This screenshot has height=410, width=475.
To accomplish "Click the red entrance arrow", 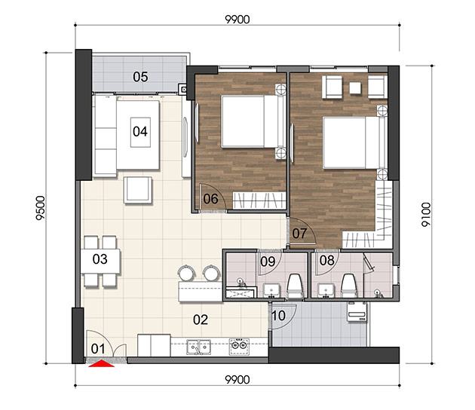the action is (x=102, y=363).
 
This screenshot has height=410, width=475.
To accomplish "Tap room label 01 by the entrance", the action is (x=98, y=349).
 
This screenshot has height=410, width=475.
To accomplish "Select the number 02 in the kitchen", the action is (x=201, y=320).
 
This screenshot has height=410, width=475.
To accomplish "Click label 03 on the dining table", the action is (x=100, y=259).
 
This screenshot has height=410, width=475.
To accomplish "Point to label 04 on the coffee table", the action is (x=140, y=131).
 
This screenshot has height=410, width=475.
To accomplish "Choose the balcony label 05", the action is (x=140, y=77).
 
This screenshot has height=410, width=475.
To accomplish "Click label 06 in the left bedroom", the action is (x=211, y=199).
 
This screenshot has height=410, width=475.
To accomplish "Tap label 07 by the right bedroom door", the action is (x=299, y=234).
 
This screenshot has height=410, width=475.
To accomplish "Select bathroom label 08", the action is (x=327, y=261).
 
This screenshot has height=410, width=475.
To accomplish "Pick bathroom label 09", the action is (x=268, y=262).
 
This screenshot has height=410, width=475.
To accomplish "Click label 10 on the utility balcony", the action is (x=279, y=316).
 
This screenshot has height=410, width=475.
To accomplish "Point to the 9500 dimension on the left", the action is (x=40, y=208).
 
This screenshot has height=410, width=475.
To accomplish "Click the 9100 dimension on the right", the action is (x=426, y=215).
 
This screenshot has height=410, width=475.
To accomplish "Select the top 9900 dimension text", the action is (x=237, y=20).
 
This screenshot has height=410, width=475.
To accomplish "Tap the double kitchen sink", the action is (x=199, y=347).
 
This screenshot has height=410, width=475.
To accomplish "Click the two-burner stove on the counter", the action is (x=239, y=347).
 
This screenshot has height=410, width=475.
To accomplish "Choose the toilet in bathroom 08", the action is (x=349, y=286).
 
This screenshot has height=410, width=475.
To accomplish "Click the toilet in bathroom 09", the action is (x=296, y=286).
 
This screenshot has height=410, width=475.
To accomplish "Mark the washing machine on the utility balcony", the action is (x=357, y=311).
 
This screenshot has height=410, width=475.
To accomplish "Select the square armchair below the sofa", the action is (x=138, y=190).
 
